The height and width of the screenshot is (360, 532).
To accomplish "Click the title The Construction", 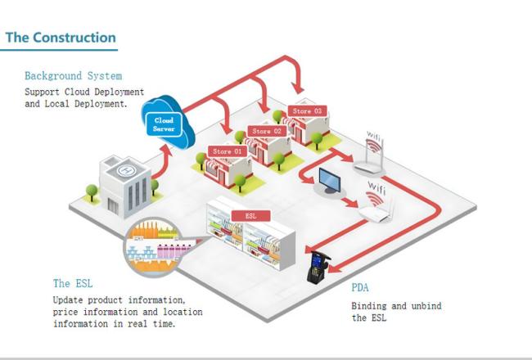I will [61, 38].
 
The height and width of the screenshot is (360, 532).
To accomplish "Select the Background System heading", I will [74, 76].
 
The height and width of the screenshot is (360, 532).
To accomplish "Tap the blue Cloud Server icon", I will [164, 123].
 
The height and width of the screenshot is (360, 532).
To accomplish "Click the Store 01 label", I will [228, 151].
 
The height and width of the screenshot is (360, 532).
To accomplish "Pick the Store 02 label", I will [266, 131].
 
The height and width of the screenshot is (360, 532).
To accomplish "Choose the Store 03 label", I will [306, 110].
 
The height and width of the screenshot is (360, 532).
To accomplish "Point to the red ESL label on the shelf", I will [250, 216].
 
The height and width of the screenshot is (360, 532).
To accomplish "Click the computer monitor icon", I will [331, 182].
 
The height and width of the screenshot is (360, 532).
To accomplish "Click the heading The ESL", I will [73, 283].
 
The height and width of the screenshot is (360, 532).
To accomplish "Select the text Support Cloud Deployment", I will [84, 92].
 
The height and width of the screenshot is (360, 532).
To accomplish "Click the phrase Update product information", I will [119, 299].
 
